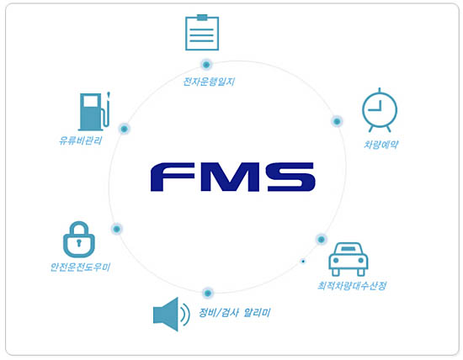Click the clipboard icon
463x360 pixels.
point(202,33)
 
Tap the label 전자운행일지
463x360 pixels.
point(209,82)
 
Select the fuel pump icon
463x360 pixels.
point(94,112)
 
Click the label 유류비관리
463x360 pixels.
point(81,140)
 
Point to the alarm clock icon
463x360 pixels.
point(380,110)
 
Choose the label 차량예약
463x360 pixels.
point(381,145)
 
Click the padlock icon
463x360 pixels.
point(79,240)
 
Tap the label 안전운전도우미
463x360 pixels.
point(80,267)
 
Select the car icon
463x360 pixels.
point(349,259)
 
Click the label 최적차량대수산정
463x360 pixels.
point(352,286)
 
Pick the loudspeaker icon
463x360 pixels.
point(171,315)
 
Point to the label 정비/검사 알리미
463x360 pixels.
point(235,313)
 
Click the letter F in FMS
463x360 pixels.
point(173,177)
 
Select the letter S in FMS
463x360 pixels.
point(291,177)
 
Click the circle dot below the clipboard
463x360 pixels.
point(206,64)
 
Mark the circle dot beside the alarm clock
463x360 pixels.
point(337,121)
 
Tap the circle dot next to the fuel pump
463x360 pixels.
point(125,129)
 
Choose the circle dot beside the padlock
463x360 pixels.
point(117,229)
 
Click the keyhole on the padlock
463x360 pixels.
point(78,242)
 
